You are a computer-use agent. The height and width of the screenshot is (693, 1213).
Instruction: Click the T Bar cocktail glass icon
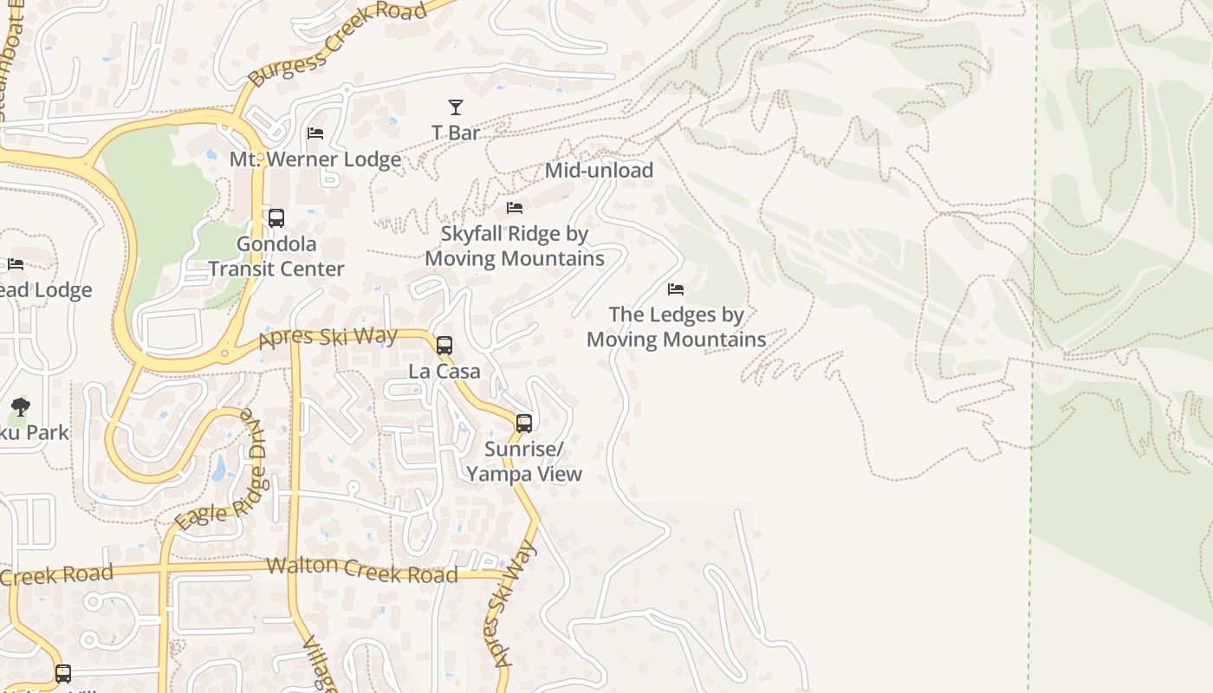click(x=455, y=107)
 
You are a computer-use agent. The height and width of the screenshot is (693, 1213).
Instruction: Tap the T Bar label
click(x=456, y=133)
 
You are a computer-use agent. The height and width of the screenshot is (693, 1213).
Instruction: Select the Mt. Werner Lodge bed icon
click(x=315, y=133)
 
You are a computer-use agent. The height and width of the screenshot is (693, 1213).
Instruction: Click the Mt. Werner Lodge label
click(x=315, y=159)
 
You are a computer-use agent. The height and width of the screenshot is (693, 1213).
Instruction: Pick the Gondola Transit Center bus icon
click(x=276, y=218)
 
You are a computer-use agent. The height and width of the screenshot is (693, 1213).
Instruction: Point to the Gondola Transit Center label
click(x=276, y=256)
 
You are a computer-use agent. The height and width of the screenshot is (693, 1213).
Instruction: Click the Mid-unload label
click(x=599, y=171)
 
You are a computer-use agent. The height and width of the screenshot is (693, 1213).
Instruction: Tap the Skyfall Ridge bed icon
click(x=515, y=208)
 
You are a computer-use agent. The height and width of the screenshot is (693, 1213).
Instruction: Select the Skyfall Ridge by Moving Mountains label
click(x=515, y=246)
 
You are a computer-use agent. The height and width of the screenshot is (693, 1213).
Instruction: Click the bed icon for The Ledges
click(x=676, y=288)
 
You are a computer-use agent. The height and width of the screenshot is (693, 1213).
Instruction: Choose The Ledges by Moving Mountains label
click(x=676, y=327)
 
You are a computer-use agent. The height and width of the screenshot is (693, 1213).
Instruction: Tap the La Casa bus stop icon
click(x=444, y=346)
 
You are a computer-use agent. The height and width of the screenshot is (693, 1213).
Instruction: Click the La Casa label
click(x=444, y=372)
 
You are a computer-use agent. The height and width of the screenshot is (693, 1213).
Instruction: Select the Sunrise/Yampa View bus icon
click(x=524, y=424)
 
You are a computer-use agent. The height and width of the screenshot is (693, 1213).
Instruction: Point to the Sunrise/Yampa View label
click(x=524, y=462)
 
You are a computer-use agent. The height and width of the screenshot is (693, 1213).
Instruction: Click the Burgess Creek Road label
click(x=338, y=43)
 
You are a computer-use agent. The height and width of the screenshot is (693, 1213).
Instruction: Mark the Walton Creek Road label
click(x=361, y=569)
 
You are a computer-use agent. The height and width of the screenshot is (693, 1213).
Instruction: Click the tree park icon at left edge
click(x=20, y=406)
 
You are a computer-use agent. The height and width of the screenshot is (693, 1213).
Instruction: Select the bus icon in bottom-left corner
click(x=63, y=673)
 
